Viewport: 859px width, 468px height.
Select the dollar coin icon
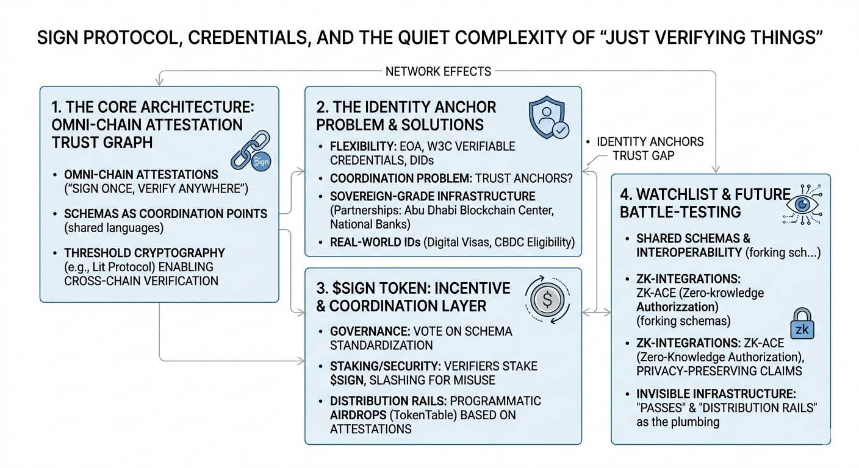pos(546,299)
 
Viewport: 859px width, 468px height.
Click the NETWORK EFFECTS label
pos(438,71)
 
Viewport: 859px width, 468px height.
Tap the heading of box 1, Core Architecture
pos(153,124)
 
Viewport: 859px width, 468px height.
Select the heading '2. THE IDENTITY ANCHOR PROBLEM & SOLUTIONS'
pos(406,116)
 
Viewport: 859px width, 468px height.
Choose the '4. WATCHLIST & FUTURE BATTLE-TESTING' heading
pos(705,203)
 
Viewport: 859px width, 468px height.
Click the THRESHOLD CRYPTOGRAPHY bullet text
pos(145,252)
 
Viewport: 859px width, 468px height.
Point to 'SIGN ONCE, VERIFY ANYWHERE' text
pos(157,189)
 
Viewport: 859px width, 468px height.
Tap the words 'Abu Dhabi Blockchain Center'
pos(484,211)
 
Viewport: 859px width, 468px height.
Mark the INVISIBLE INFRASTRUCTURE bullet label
pos(716,394)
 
